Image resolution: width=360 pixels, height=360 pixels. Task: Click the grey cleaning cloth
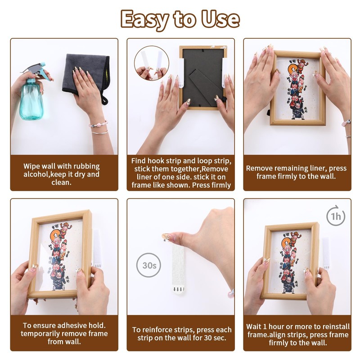click(85, 76)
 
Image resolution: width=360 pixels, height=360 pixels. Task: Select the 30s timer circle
click(148, 265)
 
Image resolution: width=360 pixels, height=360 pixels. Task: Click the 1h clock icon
click(336, 216)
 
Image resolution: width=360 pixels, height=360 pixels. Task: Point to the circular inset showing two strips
click(152, 63)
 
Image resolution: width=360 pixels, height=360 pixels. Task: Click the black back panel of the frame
click(203, 77)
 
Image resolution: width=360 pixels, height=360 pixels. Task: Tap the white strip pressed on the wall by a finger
click(178, 269)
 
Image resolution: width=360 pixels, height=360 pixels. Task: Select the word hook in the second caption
click(156, 161)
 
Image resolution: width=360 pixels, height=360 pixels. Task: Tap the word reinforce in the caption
click(157, 330)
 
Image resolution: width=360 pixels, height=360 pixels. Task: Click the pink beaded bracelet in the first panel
click(98, 125)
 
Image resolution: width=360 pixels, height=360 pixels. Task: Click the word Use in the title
click(220, 19)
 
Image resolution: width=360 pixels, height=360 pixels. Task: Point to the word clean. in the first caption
click(61, 183)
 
